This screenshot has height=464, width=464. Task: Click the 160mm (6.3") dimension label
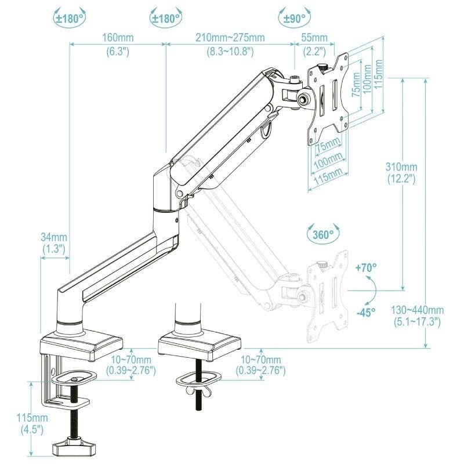pyautogui.click(x=118, y=44)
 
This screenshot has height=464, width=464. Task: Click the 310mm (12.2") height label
pyautogui.click(x=401, y=173)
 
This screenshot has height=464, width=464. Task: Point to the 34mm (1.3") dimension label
pyautogui.click(x=54, y=242)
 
